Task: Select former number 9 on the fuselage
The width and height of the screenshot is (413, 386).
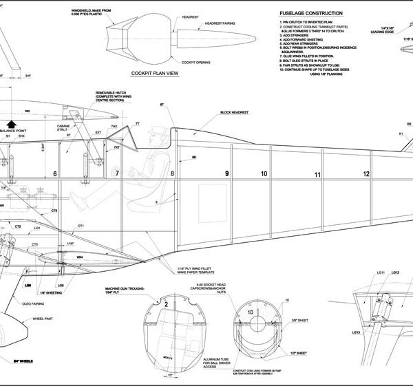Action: [x=226, y=175]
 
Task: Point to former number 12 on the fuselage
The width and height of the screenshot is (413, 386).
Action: [x=366, y=174]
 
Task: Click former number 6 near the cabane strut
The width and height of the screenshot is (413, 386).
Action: [x=54, y=174]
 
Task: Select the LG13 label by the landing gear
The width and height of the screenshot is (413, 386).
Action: [x=355, y=333]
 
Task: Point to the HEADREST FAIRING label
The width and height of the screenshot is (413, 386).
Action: [x=218, y=23]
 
